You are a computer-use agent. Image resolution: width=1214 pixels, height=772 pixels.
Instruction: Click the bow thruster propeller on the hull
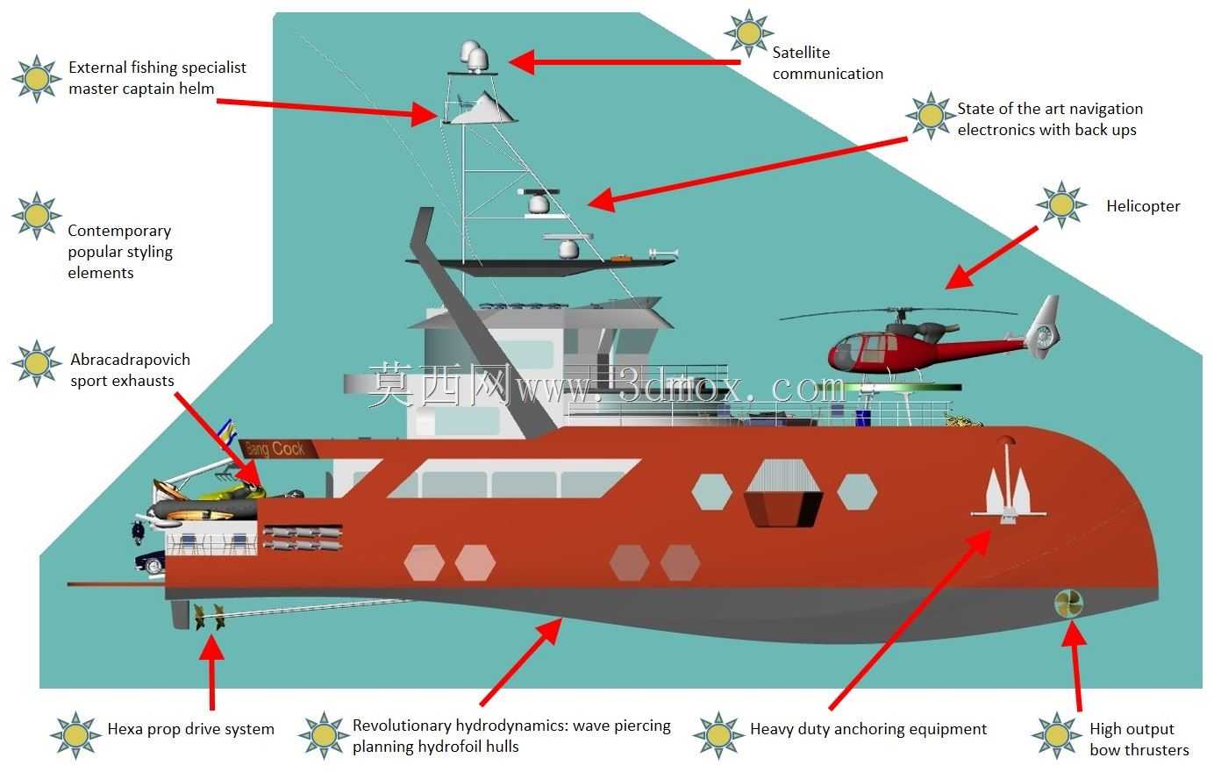(x=1068, y=604)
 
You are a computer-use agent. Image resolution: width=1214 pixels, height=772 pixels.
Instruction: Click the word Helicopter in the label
(x=1143, y=206)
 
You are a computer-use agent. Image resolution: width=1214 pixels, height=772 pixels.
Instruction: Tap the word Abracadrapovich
(x=130, y=360)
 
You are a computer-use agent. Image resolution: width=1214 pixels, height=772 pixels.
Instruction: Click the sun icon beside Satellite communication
(x=749, y=33)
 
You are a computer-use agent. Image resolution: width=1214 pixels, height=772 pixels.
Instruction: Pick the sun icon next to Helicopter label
(x=1061, y=205)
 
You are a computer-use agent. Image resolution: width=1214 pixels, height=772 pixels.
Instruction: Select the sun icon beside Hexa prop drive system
(x=75, y=735)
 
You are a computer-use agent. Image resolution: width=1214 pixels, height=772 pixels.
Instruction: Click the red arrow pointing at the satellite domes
(x=624, y=61)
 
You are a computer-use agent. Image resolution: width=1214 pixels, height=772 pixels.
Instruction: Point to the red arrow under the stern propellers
(x=211, y=672)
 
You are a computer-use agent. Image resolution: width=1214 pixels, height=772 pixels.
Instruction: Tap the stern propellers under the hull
(x=209, y=617)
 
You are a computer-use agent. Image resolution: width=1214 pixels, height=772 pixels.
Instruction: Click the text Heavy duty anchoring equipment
(x=868, y=729)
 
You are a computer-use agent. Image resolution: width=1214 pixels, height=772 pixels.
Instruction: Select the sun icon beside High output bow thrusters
(x=1057, y=735)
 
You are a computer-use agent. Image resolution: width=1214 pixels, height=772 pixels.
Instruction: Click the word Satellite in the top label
(x=801, y=53)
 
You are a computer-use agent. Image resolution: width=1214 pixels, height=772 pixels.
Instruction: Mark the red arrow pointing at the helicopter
(x=992, y=257)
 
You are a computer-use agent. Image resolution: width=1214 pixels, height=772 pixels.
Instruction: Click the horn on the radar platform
(x=663, y=254)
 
